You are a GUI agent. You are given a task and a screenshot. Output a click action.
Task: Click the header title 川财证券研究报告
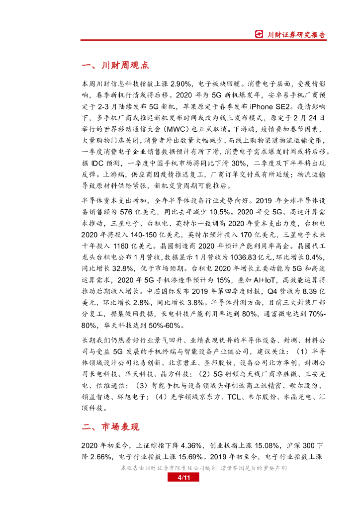point(296,35)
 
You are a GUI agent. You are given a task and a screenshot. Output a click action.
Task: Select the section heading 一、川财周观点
point(114,66)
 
